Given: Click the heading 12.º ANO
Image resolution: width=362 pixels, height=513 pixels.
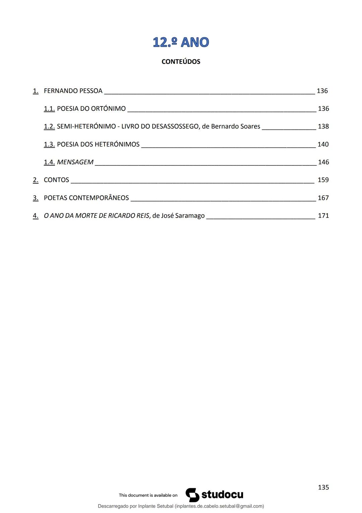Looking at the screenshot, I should coord(181,42).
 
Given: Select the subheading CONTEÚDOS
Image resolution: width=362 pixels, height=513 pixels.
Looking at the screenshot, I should coord(181,62).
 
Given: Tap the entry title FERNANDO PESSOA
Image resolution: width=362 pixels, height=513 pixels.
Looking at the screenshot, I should coord(73,91).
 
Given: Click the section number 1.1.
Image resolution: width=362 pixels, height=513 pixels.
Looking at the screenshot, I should coord(49,109).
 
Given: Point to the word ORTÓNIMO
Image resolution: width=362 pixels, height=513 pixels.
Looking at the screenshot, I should coord(108,109).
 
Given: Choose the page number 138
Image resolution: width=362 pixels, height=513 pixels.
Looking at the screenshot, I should coord(323,127).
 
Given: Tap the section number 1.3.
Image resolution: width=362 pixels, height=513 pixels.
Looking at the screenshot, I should coord(49,144).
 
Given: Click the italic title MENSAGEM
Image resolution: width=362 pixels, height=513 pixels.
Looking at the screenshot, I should coord(75,162).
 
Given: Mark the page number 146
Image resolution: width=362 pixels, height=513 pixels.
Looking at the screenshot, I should coord(323,162).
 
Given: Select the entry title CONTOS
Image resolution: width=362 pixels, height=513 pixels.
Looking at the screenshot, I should coord(56,180).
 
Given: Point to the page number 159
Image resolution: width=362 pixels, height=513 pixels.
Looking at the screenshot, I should coord(323,180).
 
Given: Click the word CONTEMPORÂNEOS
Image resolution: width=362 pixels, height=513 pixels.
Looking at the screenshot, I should coord(99,198).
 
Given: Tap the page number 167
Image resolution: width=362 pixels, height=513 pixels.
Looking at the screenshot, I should coord(323,198).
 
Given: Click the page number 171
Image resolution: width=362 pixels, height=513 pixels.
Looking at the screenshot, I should coord(323,216).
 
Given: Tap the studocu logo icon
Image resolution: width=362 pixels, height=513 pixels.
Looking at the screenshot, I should coord(192,495).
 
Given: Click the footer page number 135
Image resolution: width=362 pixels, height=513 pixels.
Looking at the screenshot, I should coord(323,487).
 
